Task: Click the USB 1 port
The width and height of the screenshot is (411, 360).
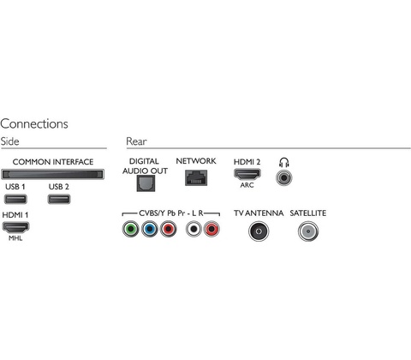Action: [15, 199]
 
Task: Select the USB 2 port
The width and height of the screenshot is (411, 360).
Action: [59, 199]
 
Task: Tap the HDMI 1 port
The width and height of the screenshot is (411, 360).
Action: [15, 227]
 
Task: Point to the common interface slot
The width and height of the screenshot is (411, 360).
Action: [53, 174]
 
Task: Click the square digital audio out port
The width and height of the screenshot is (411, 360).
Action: [146, 183]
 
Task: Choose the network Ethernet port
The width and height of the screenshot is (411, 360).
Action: [196, 177]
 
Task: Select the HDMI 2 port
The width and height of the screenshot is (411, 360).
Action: [247, 174]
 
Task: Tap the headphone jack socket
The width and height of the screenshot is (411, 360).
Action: [284, 177]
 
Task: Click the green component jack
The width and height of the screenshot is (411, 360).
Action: [131, 229]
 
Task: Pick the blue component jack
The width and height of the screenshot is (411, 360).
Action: [150, 229]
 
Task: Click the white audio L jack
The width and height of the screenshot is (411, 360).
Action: [194, 229]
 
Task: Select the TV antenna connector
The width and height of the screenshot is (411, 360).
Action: [259, 231]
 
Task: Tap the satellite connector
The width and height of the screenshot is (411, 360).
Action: [308, 231]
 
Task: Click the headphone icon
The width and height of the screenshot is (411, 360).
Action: [284, 162]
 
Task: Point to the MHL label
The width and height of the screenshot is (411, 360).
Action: [15, 238]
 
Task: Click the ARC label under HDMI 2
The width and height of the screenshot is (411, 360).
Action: [247, 185]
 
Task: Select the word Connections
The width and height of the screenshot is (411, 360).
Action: [34, 123]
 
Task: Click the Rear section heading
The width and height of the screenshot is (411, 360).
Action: [136, 141]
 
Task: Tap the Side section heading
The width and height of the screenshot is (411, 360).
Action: [9, 141]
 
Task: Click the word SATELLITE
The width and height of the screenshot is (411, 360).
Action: [308, 213]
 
